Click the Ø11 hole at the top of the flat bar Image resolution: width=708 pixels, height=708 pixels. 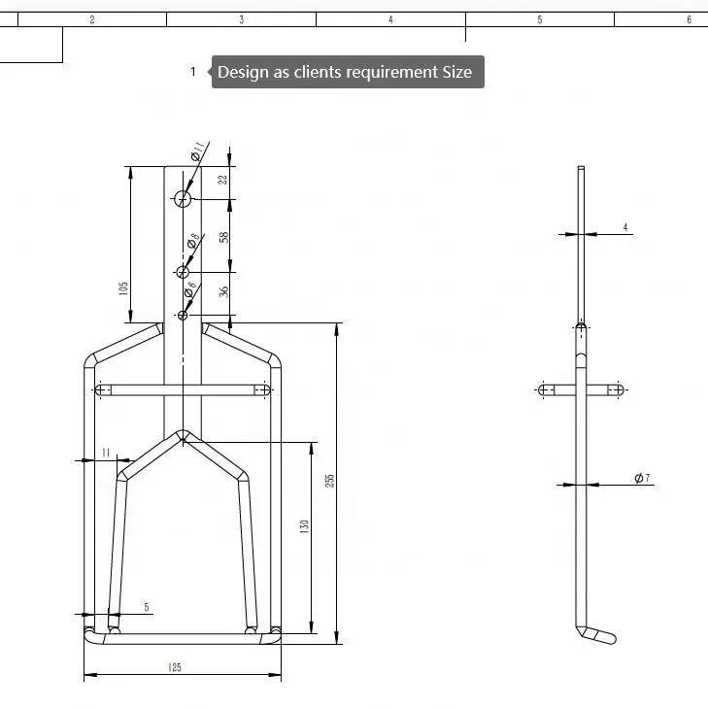[183, 198]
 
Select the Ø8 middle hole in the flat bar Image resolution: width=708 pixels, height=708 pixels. [183, 272]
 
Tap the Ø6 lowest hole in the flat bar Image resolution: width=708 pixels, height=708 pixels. [183, 316]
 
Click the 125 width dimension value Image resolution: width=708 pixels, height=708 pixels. [174, 667]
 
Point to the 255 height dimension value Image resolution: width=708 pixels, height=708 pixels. [329, 481]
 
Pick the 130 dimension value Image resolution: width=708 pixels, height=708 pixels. [304, 526]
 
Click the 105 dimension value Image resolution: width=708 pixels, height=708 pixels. [123, 288]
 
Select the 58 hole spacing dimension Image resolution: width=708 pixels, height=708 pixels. [223, 238]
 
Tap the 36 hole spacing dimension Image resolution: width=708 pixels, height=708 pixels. [223, 291]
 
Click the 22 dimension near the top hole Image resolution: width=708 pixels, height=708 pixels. [222, 180]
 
